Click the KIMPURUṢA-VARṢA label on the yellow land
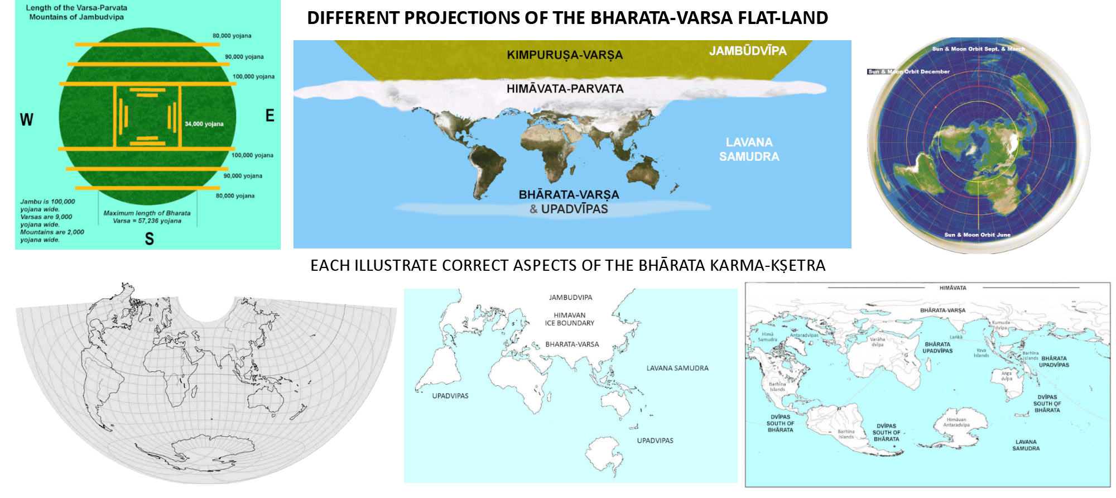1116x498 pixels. coord(565,55)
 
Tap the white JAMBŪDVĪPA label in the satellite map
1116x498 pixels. coord(748,51)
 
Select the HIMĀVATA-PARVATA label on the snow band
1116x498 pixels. coord(565,89)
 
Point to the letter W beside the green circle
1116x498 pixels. coord(26,119)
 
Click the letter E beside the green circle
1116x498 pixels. coord(270,116)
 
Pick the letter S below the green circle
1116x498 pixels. coord(149,239)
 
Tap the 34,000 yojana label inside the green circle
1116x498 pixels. coord(204,124)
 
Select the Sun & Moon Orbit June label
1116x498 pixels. coord(977,234)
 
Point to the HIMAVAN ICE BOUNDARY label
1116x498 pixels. coord(570,319)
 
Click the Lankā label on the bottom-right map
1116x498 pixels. coord(956,337)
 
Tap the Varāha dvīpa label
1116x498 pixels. coord(877,342)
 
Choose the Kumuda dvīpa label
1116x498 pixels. coord(1001,325)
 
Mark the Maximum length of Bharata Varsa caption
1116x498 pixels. coord(147,217)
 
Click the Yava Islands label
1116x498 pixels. coord(981,353)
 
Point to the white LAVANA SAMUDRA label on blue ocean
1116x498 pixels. coord(749,150)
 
